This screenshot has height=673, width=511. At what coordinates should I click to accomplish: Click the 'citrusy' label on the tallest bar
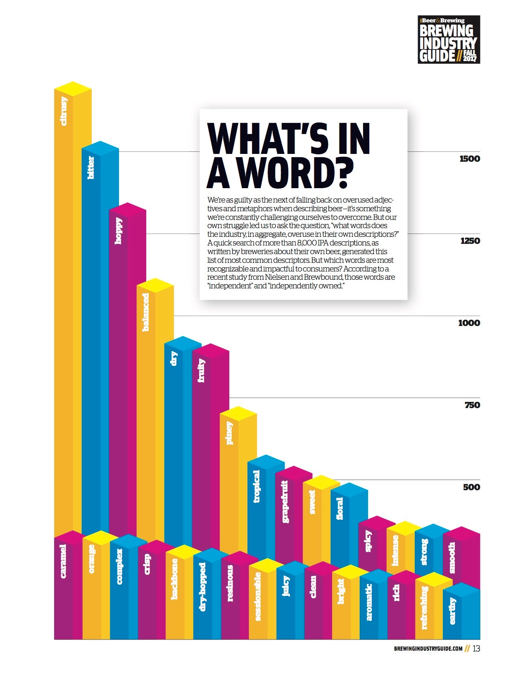coord(64,111)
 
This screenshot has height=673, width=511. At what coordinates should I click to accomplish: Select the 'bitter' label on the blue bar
coord(91,168)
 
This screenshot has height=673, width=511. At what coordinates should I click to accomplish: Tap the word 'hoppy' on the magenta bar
coord(119,231)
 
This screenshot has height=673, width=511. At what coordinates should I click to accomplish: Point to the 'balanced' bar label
coord(146,312)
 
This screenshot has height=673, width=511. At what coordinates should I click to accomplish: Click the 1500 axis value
coord(470,159)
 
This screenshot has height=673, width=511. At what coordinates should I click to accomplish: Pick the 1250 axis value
coord(470,241)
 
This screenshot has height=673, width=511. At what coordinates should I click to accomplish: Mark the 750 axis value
coord(472,405)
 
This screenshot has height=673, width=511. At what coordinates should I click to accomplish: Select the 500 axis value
coord(471,487)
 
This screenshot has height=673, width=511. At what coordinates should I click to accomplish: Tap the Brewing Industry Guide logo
coord(449,40)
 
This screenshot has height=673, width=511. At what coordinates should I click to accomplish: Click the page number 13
coord(476,649)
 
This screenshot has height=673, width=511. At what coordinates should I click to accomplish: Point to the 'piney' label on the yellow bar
coord(229,433)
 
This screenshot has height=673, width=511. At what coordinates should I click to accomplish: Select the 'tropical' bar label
coord(257,486)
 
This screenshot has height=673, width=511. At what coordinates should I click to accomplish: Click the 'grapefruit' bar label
coord(285,501)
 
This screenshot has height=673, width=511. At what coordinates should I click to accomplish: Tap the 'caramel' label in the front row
coord(63,561)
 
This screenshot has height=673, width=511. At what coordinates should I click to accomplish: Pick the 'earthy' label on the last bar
coord(452,611)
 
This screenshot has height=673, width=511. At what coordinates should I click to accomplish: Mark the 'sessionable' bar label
coord(258,596)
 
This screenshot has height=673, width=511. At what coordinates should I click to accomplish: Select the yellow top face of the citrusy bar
coord(73,88)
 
